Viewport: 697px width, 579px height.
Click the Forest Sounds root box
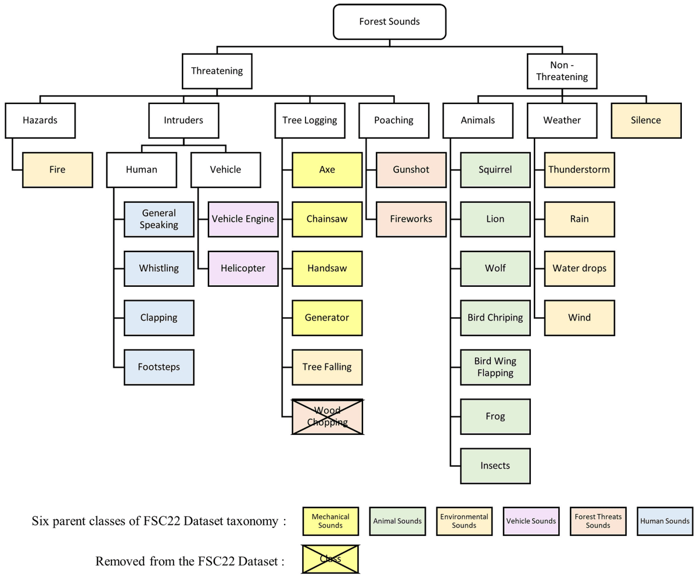[x=389, y=21]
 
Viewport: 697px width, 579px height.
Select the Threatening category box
[x=217, y=71]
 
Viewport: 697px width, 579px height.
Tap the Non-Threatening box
[x=562, y=71]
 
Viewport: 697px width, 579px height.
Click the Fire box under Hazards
[x=58, y=170]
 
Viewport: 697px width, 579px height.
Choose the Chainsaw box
[x=327, y=219]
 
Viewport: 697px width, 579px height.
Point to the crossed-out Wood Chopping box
[x=327, y=416]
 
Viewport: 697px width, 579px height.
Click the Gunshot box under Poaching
[x=411, y=170]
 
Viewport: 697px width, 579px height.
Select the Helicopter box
[x=243, y=268]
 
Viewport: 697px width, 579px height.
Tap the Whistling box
[x=159, y=268]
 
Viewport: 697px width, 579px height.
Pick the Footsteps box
[x=159, y=367]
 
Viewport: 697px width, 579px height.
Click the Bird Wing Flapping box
[x=495, y=367]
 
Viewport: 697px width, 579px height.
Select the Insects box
[x=495, y=466]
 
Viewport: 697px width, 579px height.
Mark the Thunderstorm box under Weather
[x=579, y=170]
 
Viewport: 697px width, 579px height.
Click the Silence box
[x=646, y=120]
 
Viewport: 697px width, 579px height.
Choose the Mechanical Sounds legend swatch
[x=330, y=520]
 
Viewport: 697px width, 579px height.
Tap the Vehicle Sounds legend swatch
[x=530, y=520]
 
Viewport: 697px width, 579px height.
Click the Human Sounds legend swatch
[x=664, y=520]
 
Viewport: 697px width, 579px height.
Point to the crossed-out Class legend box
[x=330, y=559]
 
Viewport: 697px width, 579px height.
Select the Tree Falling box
[x=327, y=367]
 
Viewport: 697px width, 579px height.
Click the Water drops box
[x=579, y=268]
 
